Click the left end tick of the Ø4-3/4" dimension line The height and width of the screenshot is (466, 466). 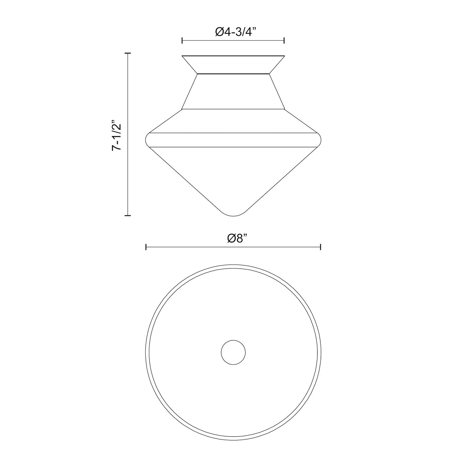[x=182, y=40]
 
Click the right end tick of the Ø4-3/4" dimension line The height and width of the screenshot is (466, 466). [x=284, y=40]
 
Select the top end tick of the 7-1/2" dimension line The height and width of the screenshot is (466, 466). [x=127, y=53]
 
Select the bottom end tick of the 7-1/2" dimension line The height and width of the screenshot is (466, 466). [x=127, y=215]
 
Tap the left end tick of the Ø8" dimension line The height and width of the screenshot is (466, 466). [x=146, y=247]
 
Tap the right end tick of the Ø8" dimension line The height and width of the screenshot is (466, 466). [x=320, y=247]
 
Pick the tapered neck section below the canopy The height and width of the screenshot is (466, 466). [x=233, y=92]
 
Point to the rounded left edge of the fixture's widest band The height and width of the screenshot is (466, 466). [x=148, y=139]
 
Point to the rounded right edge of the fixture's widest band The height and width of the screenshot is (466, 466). [x=318, y=139]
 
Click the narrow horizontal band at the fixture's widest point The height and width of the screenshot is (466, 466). [x=233, y=139]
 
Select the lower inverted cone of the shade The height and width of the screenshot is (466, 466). [x=233, y=177]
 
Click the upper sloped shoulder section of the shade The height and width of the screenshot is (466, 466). [x=233, y=121]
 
